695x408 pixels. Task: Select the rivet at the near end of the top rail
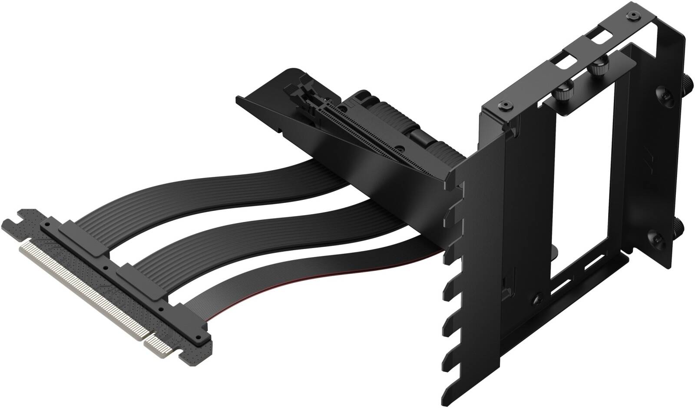click(503, 105)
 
